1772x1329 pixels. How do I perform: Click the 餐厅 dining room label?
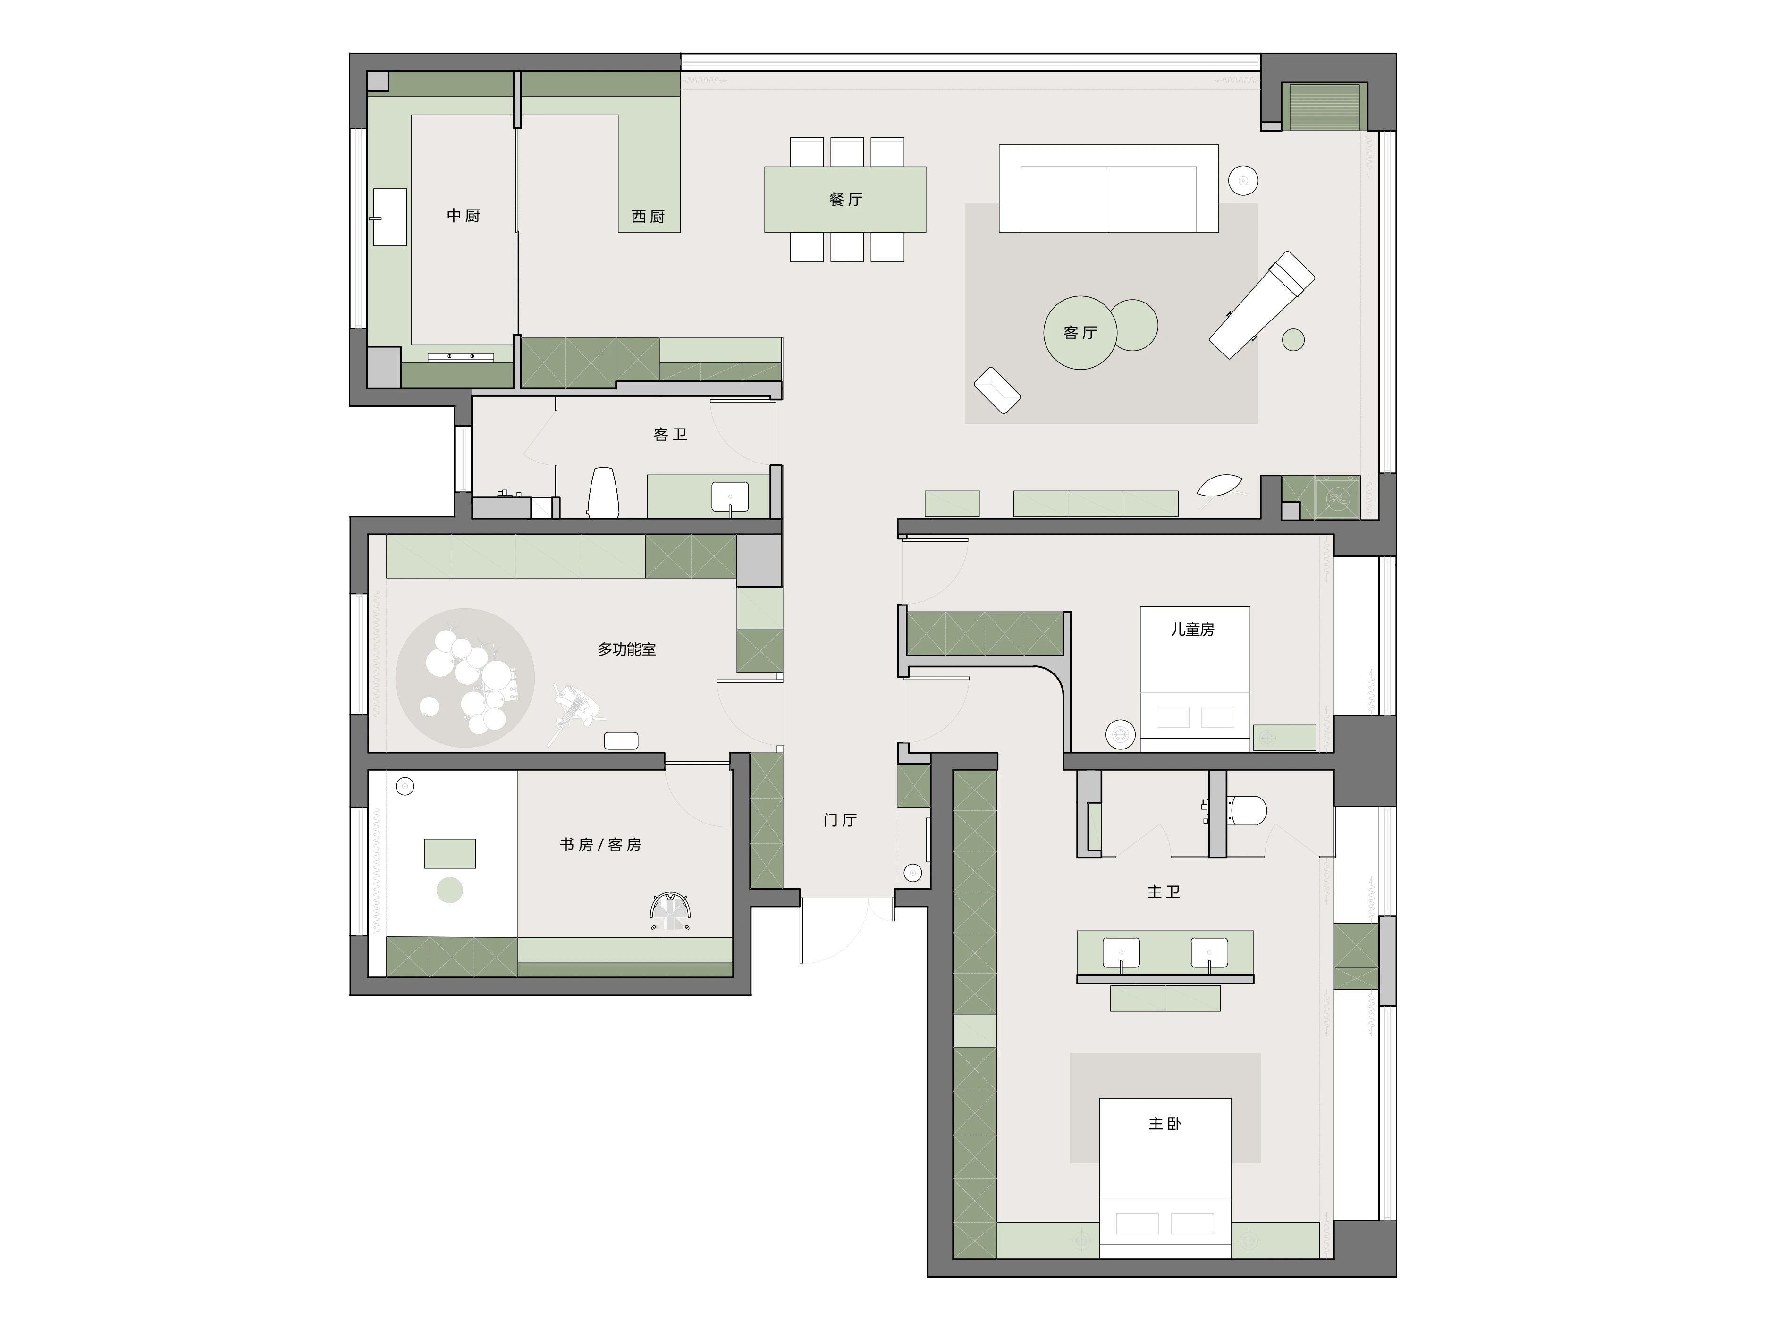pyautogui.click(x=846, y=200)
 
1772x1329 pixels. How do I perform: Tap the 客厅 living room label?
pyautogui.click(x=1080, y=332)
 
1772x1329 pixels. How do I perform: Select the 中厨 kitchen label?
pyautogui.click(x=463, y=216)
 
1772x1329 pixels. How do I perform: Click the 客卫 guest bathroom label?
pyautogui.click(x=670, y=434)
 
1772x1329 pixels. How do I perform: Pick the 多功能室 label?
pyautogui.click(x=626, y=649)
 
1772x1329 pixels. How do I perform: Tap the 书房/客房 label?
pyautogui.click(x=601, y=844)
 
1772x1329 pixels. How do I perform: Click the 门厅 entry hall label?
pyautogui.click(x=840, y=819)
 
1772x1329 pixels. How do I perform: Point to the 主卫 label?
pyautogui.click(x=1164, y=892)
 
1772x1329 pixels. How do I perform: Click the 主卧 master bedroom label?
pyautogui.click(x=1165, y=1124)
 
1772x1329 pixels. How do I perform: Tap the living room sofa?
pyautogui.click(x=1109, y=189)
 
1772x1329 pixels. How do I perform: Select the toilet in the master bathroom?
pyautogui.click(x=1247, y=810)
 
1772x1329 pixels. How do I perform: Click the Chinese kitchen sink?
pyautogui.click(x=390, y=217)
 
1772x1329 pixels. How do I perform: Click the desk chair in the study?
pyautogui.click(x=671, y=911)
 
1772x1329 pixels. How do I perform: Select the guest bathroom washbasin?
pyautogui.click(x=730, y=496)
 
